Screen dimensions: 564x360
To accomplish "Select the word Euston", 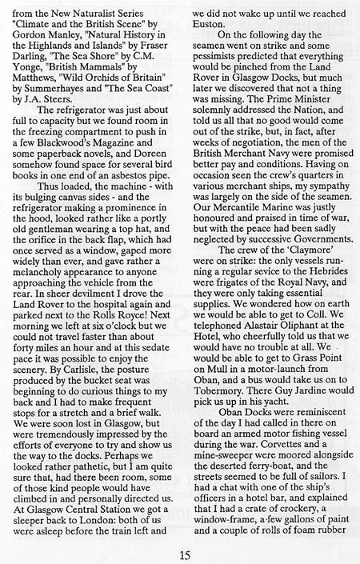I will pyautogui.click(x=210, y=25).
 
